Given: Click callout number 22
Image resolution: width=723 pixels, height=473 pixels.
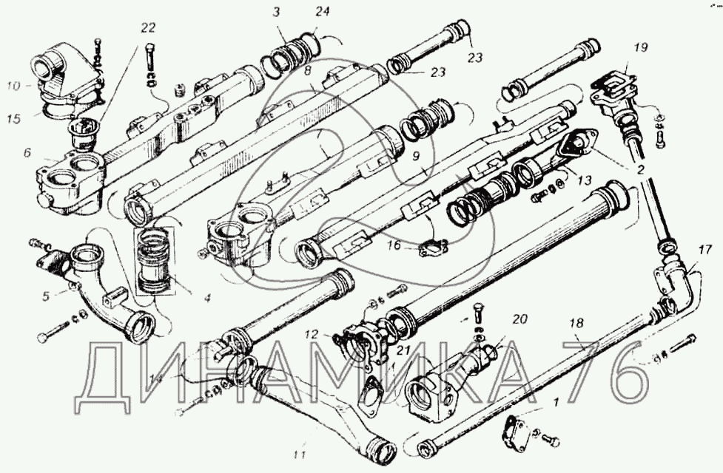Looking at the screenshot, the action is [149, 27].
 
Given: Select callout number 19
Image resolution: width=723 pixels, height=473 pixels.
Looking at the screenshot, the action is [641, 48].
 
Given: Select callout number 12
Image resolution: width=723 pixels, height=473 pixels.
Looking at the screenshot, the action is [314, 334].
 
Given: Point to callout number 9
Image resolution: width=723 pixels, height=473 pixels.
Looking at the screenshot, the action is [415, 157].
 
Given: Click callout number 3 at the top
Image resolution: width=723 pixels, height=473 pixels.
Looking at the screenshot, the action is [277, 12].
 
